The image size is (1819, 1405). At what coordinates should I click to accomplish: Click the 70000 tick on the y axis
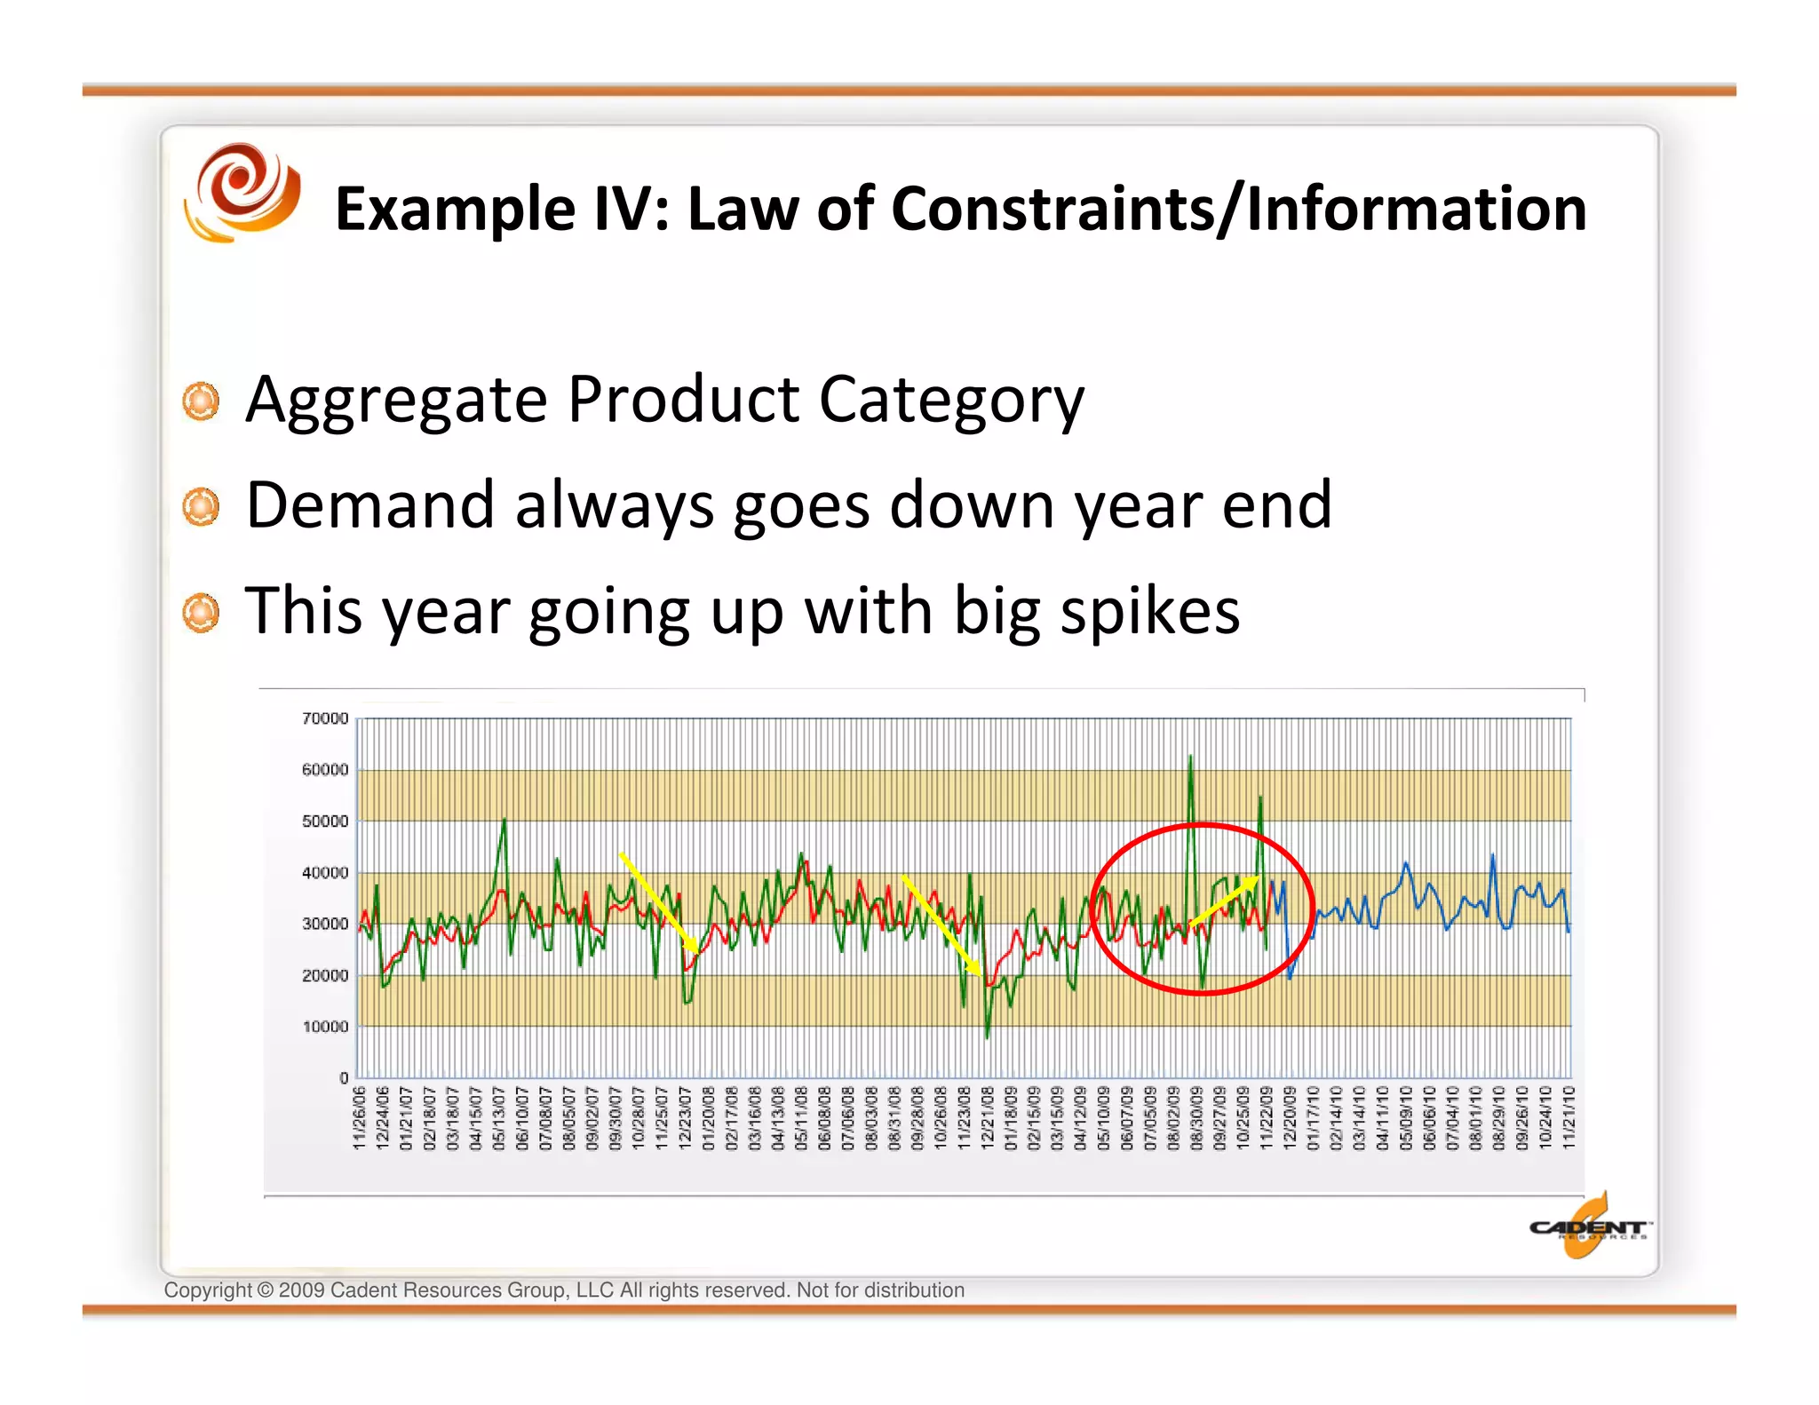(x=325, y=718)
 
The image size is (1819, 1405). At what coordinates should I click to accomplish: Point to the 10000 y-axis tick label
(x=325, y=1027)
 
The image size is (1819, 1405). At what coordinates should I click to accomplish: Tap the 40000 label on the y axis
(x=325, y=873)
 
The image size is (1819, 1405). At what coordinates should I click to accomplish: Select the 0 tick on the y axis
(x=345, y=1078)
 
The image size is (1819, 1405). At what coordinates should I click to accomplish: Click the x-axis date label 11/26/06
(x=360, y=1117)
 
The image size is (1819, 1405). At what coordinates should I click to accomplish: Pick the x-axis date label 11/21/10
(x=1569, y=1117)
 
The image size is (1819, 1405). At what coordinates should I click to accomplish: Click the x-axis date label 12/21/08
(x=988, y=1117)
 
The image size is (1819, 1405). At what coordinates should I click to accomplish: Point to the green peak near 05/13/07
(x=504, y=821)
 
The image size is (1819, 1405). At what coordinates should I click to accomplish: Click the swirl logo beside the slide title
(x=242, y=193)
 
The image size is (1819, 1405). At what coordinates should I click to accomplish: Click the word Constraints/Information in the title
(x=1238, y=210)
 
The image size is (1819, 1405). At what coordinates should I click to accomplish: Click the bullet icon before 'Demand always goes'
(x=201, y=506)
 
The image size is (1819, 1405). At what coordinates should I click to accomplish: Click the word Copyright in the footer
(x=207, y=1290)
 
